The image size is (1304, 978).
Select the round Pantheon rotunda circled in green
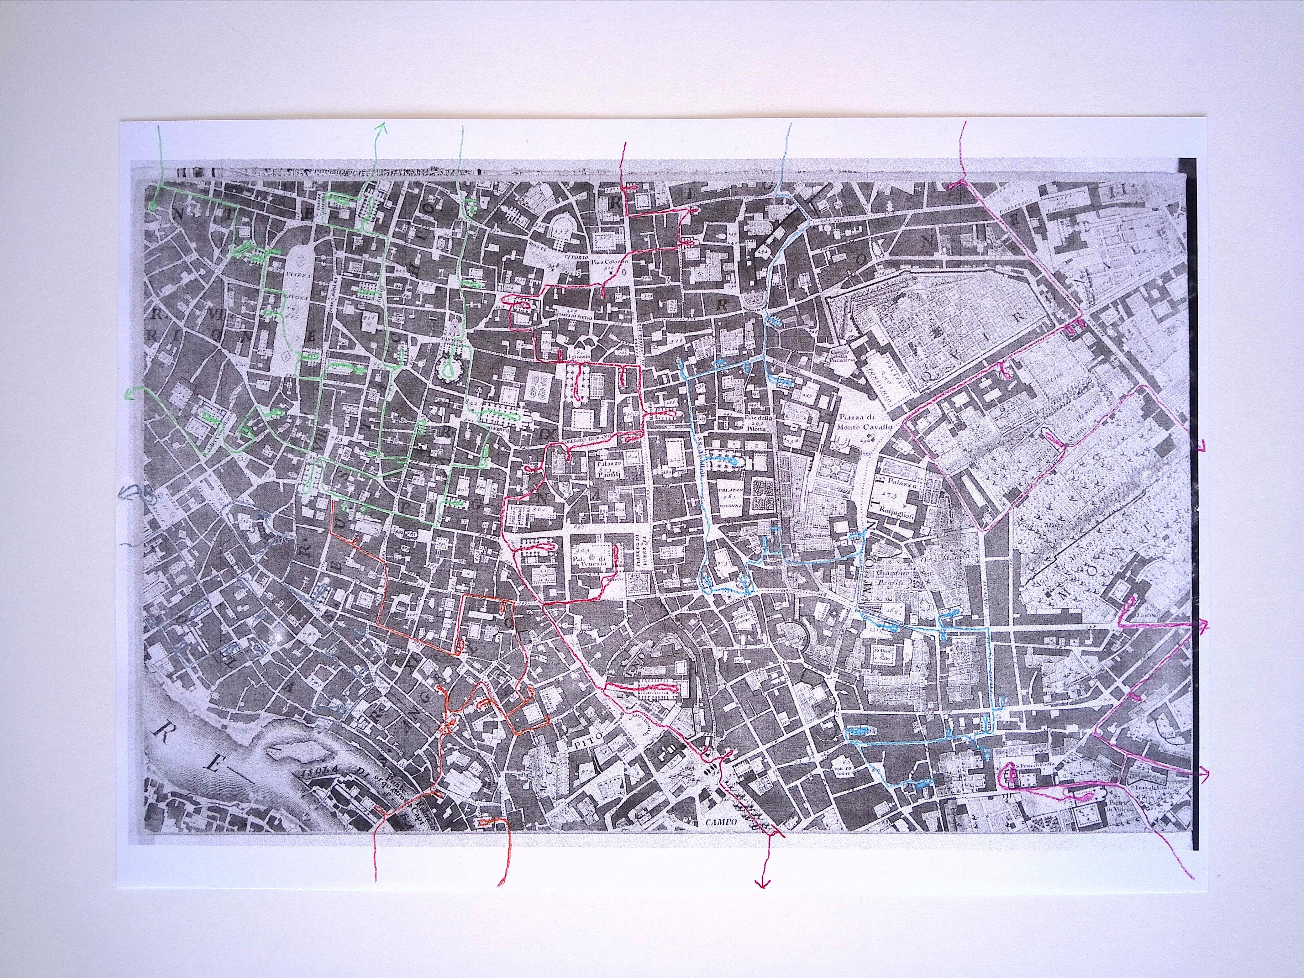451,368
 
